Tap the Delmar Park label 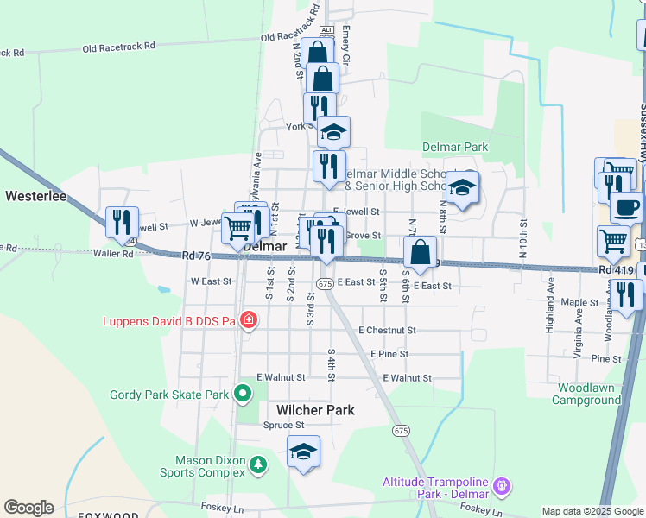pos(454,147)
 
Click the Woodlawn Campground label pos(589,394)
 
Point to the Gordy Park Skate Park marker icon pos(243,395)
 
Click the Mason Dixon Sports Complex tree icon pos(257,466)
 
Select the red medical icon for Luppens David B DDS pos(249,321)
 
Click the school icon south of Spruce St pos(303,452)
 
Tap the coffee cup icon pos(626,207)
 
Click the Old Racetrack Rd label pos(119,46)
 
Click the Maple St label pos(579,303)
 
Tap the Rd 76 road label pos(197,256)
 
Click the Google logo pos(28,508)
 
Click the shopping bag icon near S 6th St pos(420,252)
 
